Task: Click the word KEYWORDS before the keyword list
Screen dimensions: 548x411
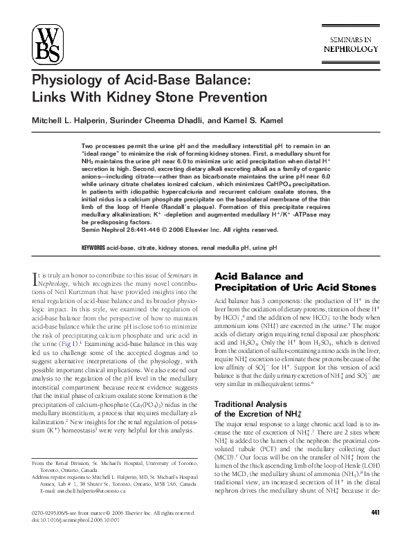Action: (95, 247)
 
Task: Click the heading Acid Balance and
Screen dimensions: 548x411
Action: (255, 276)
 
